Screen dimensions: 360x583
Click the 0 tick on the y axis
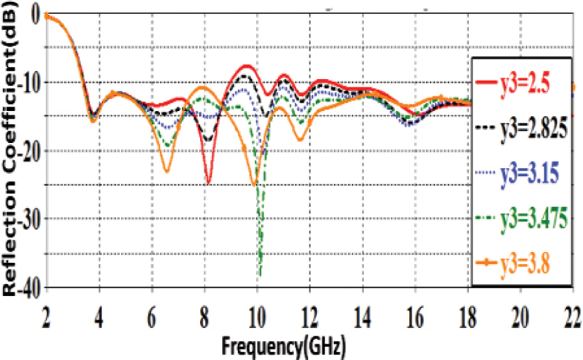[31, 14]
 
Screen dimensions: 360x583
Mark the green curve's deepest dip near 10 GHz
[260, 274]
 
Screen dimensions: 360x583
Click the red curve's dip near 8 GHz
[208, 183]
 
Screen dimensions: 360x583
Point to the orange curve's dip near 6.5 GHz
[166, 171]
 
